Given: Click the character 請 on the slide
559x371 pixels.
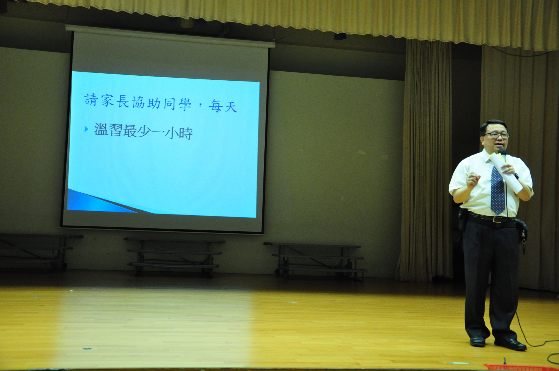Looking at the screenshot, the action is (x=91, y=100).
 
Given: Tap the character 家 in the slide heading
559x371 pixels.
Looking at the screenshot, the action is (x=107, y=101).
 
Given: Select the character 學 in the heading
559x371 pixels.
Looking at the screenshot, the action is (x=185, y=104).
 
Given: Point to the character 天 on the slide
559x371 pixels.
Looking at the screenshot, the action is (x=231, y=106).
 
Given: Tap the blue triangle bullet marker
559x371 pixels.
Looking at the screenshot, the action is (x=86, y=129).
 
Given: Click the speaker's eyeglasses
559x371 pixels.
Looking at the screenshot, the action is (x=497, y=135).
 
